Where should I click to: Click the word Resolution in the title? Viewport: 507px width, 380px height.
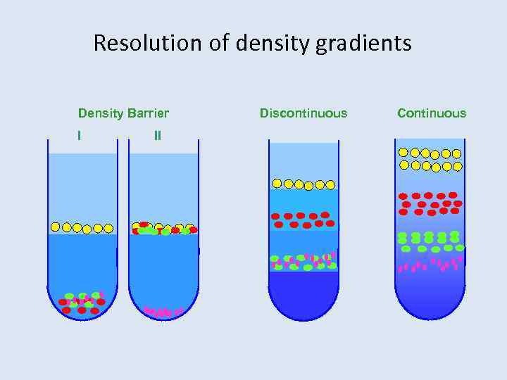coord(147,44)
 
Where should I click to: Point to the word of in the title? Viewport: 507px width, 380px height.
coord(219,44)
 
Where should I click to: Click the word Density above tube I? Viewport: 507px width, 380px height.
coord(100,113)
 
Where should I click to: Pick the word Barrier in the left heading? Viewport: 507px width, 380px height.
coord(147,113)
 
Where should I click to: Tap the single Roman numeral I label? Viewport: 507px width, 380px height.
coord(79,135)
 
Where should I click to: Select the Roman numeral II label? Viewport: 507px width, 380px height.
coord(157,135)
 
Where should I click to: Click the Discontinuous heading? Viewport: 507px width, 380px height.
coord(303,113)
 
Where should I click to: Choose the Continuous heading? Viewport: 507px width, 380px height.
coord(432,113)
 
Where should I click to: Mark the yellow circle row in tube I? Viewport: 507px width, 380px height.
coord(82,227)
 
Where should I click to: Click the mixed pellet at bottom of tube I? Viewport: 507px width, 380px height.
coord(82,302)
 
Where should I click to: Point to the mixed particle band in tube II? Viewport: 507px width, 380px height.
coord(164,229)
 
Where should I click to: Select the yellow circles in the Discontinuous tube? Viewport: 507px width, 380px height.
coord(303,184)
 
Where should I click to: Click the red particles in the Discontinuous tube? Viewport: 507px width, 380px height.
coord(303,220)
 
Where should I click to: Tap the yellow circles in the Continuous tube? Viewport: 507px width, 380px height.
coord(430,160)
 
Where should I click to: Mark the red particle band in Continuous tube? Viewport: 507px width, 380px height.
coord(430,203)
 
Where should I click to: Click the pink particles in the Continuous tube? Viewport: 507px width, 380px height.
coord(430,265)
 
